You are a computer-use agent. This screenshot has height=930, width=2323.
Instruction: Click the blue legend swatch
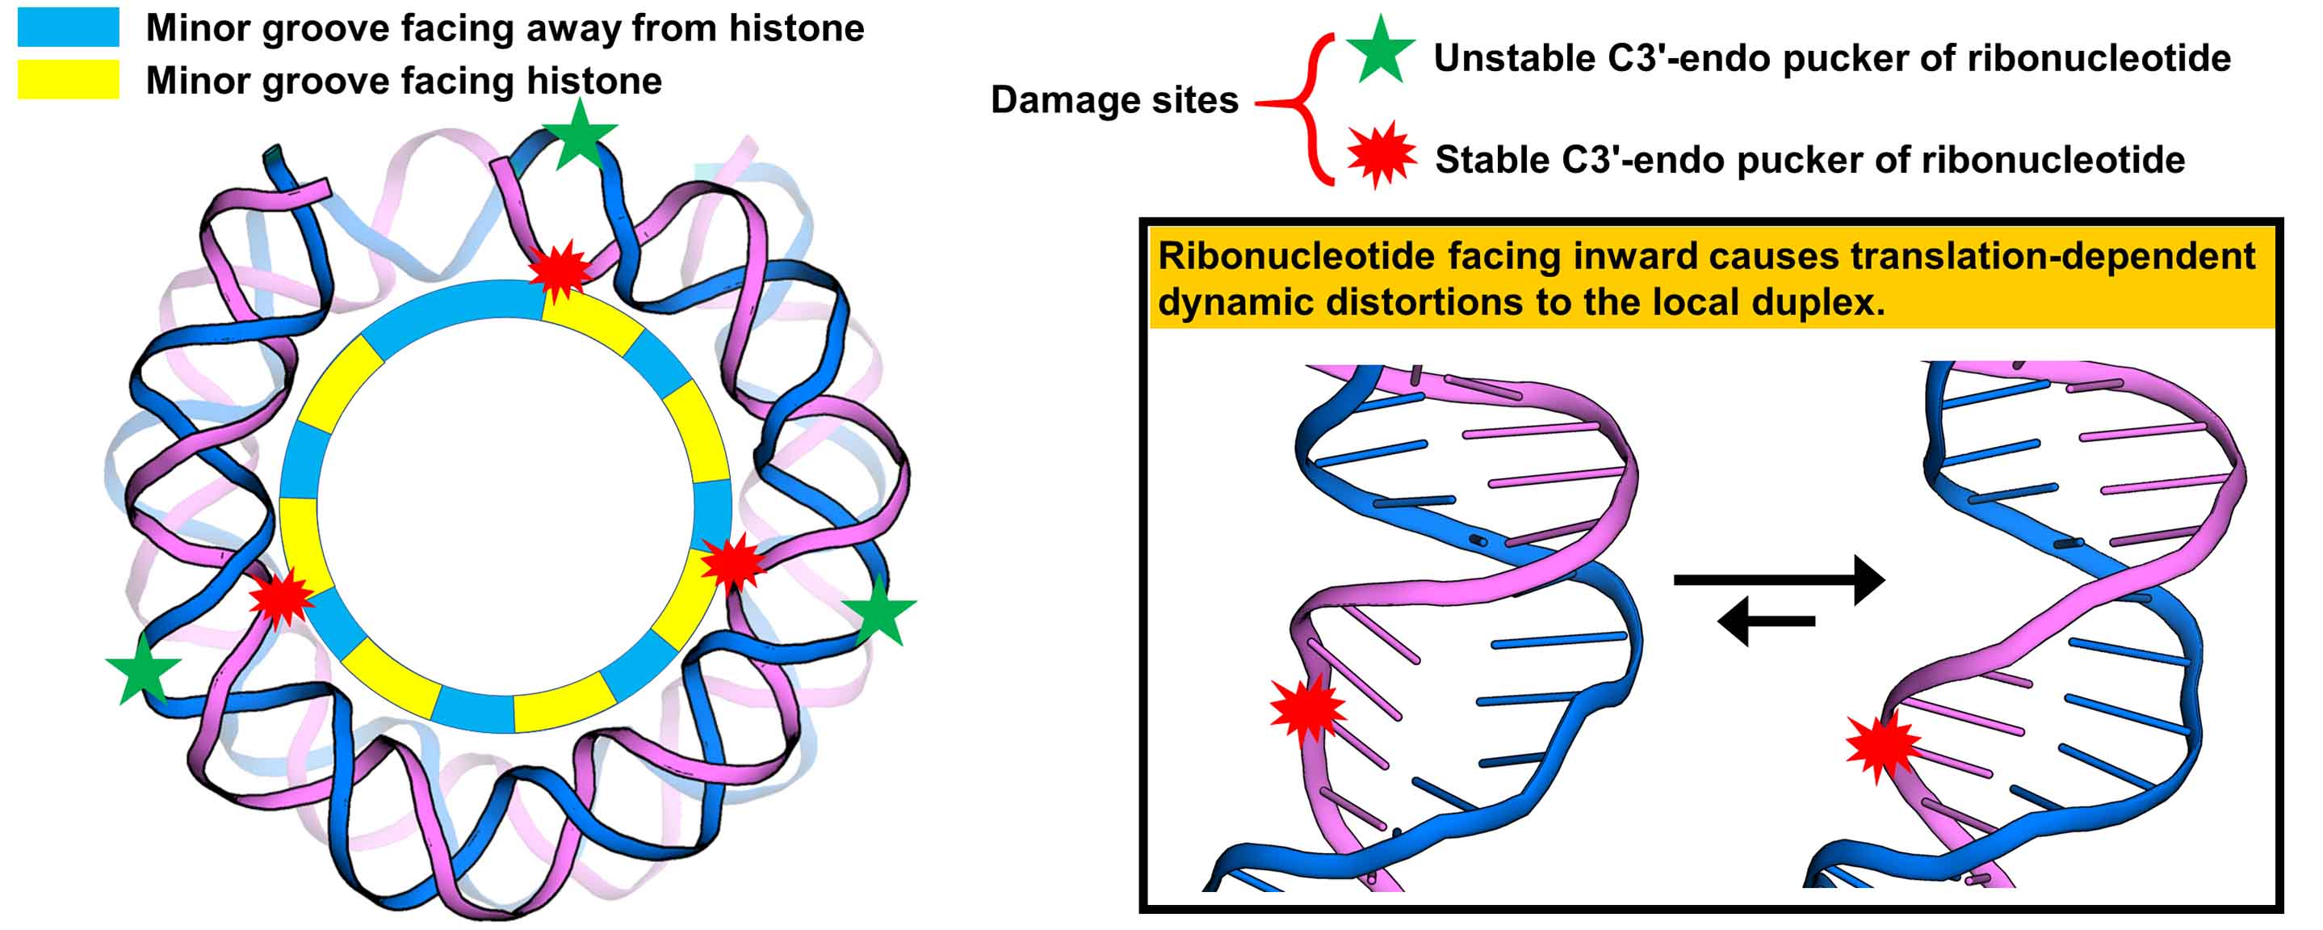68,27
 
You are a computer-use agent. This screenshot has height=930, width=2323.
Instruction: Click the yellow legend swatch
68,79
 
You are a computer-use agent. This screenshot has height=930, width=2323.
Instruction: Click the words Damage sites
1113,100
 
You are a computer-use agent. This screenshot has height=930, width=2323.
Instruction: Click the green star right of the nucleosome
878,611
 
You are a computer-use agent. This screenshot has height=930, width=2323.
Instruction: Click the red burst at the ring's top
559,269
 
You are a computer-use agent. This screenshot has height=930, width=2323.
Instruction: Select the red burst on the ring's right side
732,563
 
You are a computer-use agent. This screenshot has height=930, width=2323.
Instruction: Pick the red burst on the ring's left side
281,597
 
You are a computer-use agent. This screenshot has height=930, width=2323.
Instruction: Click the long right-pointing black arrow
1777,580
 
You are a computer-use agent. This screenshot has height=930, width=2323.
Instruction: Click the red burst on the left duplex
1306,708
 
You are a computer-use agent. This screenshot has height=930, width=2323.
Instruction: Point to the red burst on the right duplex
1883,746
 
